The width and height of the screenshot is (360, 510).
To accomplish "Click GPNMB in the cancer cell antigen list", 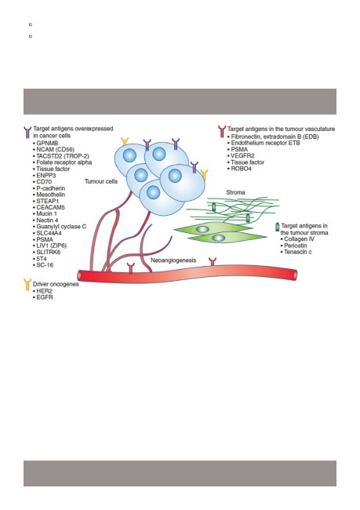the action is [47, 143].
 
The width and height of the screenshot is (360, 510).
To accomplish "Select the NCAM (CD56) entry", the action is [55, 150].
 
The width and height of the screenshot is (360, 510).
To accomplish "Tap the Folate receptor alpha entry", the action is [64, 162].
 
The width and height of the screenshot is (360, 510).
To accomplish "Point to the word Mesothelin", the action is [50, 195].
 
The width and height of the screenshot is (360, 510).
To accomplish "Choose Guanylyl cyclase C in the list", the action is [61, 227].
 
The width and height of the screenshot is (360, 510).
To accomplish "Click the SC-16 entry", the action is [45, 265].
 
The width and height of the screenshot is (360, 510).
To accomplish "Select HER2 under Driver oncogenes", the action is [44, 291].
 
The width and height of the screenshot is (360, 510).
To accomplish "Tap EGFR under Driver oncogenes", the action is [44, 297].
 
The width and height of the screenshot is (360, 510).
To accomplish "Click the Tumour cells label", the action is [101, 181].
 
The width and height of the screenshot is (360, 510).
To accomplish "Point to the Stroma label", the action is [235, 192].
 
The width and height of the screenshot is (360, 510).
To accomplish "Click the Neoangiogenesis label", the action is [173, 260].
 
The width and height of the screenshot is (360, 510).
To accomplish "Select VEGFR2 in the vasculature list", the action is [242, 156].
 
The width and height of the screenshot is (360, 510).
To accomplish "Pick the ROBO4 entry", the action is [241, 169].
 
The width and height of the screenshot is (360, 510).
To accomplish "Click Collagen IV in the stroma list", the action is [299, 239].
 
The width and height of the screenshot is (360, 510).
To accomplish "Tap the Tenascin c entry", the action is [298, 252].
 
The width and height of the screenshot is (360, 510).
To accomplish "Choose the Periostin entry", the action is [295, 246].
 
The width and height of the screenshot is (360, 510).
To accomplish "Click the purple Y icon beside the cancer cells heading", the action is [27, 133].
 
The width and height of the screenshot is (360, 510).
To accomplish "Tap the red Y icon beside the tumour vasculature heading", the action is [222, 132].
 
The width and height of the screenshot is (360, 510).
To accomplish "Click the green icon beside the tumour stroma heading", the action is [277, 227].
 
